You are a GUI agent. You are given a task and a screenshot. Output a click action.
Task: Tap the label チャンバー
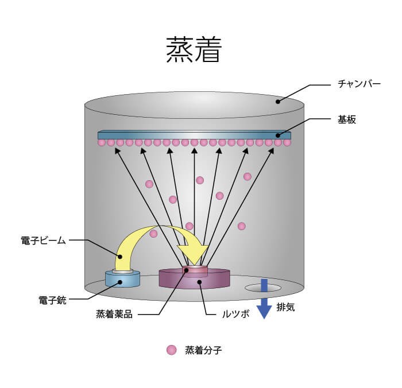click(x=360, y=84)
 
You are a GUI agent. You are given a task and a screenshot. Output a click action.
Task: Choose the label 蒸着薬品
click(x=114, y=315)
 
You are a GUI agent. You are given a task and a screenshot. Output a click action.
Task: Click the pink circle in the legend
click(x=171, y=350)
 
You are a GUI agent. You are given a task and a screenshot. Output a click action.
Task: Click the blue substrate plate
click(x=195, y=135)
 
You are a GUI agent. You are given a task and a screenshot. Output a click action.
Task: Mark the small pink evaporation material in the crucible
click(x=194, y=269)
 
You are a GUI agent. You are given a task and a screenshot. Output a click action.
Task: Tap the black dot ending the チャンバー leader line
click(x=277, y=102)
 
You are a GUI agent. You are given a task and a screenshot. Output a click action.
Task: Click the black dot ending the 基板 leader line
click(x=277, y=135)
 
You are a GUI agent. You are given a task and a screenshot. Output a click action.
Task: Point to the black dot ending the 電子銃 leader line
click(x=122, y=282)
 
